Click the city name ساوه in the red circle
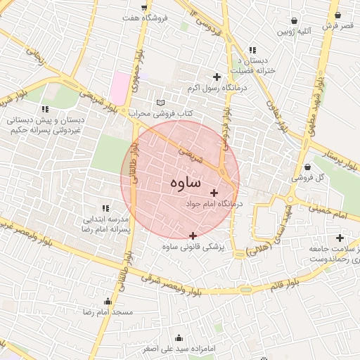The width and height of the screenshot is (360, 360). [x=185, y=182]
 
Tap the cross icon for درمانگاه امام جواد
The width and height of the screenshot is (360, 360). [x=214, y=193]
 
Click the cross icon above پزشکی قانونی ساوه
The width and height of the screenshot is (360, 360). [x=193, y=236]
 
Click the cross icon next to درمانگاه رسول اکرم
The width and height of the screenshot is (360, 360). [x=217, y=77]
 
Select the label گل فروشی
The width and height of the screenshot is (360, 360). [x=309, y=178]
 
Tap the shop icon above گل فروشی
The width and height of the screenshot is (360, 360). [x=310, y=167]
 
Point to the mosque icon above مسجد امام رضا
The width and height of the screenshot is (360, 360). [x=108, y=301]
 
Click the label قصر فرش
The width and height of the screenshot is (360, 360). [x=337, y=25]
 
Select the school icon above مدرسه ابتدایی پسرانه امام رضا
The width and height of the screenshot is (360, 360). [x=105, y=208]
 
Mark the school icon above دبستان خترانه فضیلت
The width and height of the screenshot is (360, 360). [x=252, y=50]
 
